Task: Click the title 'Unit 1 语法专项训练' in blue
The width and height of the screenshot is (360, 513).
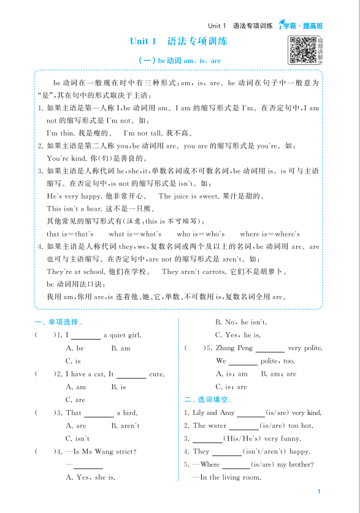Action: click(178, 42)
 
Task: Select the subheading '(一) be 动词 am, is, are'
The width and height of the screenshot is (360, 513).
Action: click(180, 61)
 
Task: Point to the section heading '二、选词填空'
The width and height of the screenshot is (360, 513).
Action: click(209, 400)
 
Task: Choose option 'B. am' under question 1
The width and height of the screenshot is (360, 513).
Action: click(121, 348)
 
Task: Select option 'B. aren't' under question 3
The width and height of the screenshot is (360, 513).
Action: click(125, 425)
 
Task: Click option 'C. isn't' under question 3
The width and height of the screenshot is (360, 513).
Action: click(77, 438)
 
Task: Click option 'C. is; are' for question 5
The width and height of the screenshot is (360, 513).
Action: click(231, 387)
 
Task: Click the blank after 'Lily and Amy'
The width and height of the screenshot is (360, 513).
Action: click(250, 414)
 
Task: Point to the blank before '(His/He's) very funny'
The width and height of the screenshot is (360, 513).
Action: click(207, 439)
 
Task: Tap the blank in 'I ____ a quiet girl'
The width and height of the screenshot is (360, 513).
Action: click(86, 336)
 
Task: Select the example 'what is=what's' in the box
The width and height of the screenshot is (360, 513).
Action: click(135, 234)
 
